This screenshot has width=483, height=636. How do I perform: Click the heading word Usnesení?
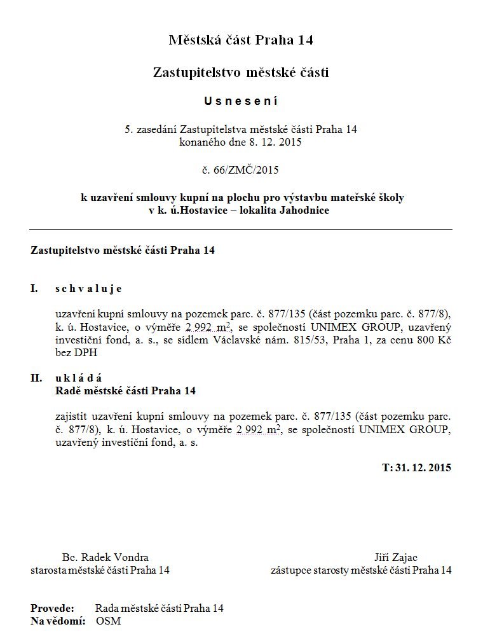(x=241, y=101)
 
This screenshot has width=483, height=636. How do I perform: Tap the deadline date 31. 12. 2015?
(x=423, y=467)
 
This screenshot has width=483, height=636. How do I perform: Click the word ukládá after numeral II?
(x=79, y=378)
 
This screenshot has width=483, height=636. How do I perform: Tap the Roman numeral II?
(x=36, y=378)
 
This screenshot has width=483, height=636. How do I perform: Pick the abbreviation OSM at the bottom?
(x=109, y=620)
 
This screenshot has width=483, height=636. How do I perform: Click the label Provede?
(x=52, y=609)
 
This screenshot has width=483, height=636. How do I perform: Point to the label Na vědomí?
(x=58, y=620)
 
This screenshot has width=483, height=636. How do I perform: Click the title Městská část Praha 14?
(x=241, y=41)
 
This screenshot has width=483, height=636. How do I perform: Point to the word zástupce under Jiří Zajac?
(x=290, y=570)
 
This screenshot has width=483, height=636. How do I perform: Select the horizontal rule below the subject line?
(x=241, y=228)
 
